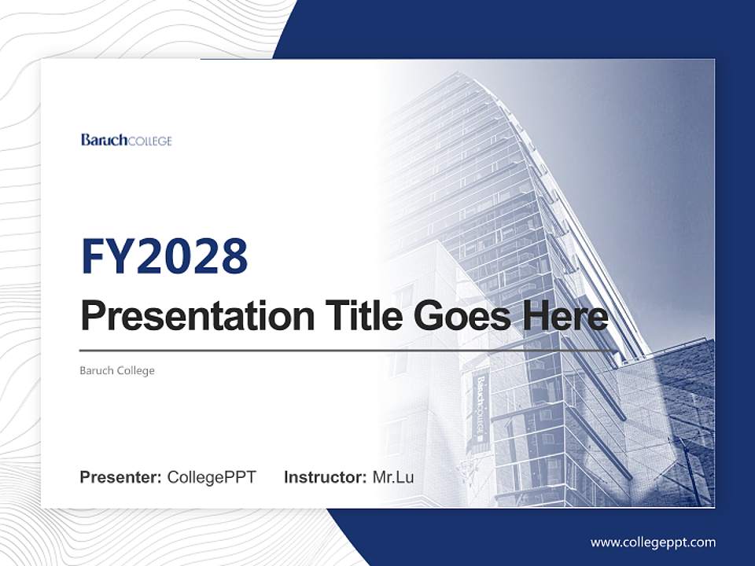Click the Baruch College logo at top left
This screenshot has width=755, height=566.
pyautogui.click(x=126, y=140)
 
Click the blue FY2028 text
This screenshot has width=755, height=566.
pyautogui.click(x=164, y=255)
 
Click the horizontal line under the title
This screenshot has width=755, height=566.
pyautogui.click(x=346, y=350)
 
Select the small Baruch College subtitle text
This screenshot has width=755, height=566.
pyautogui.click(x=117, y=370)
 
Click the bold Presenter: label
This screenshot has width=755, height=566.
pyautogui.click(x=121, y=477)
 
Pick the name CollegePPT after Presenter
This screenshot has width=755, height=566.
pyautogui.click(x=212, y=477)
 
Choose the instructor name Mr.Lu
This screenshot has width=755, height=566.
pyautogui.click(x=393, y=477)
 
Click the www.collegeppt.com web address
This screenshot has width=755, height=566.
pyautogui.click(x=653, y=542)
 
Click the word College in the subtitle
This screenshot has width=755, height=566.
pyautogui.click(x=135, y=370)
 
